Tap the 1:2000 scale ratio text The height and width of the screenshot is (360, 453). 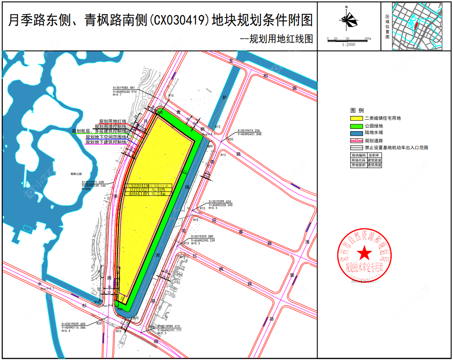348,45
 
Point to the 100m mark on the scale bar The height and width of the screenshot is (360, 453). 367,39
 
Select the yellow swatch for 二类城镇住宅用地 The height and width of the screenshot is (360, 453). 356,118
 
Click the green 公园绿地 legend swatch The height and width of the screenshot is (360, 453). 356,126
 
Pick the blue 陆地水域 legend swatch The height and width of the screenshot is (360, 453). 356,133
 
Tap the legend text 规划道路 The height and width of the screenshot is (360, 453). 373,140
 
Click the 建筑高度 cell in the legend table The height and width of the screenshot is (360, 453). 375,164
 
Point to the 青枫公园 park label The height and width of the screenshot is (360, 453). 76,174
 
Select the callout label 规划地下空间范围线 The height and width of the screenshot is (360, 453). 106,137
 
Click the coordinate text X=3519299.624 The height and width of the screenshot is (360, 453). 220,202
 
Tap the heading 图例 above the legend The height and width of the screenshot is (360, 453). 357,110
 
